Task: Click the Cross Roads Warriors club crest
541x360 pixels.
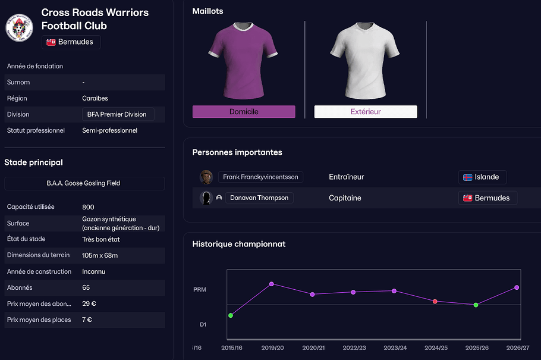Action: coord(19,27)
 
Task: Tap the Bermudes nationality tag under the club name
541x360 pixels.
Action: coord(71,42)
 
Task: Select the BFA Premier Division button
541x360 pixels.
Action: coord(118,114)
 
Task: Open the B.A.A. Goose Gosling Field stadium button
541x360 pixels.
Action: coord(84,183)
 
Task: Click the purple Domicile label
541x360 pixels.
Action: coord(244,112)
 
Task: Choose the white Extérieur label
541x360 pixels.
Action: coord(366,112)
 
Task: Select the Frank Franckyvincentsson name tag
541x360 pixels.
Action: coord(261,177)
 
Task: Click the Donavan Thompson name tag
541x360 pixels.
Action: coord(259,198)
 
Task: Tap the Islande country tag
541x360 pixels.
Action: coord(482,177)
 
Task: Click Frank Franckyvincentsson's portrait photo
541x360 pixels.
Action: coord(206,177)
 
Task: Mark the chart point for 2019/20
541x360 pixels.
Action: coord(272,284)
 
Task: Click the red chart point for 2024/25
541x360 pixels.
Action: coord(435,302)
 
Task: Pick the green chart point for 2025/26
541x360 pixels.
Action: coord(476,305)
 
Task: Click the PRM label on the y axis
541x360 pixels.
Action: coord(200,290)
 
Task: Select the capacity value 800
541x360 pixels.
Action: coord(88,207)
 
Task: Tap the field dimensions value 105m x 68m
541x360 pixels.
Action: coord(100,255)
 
